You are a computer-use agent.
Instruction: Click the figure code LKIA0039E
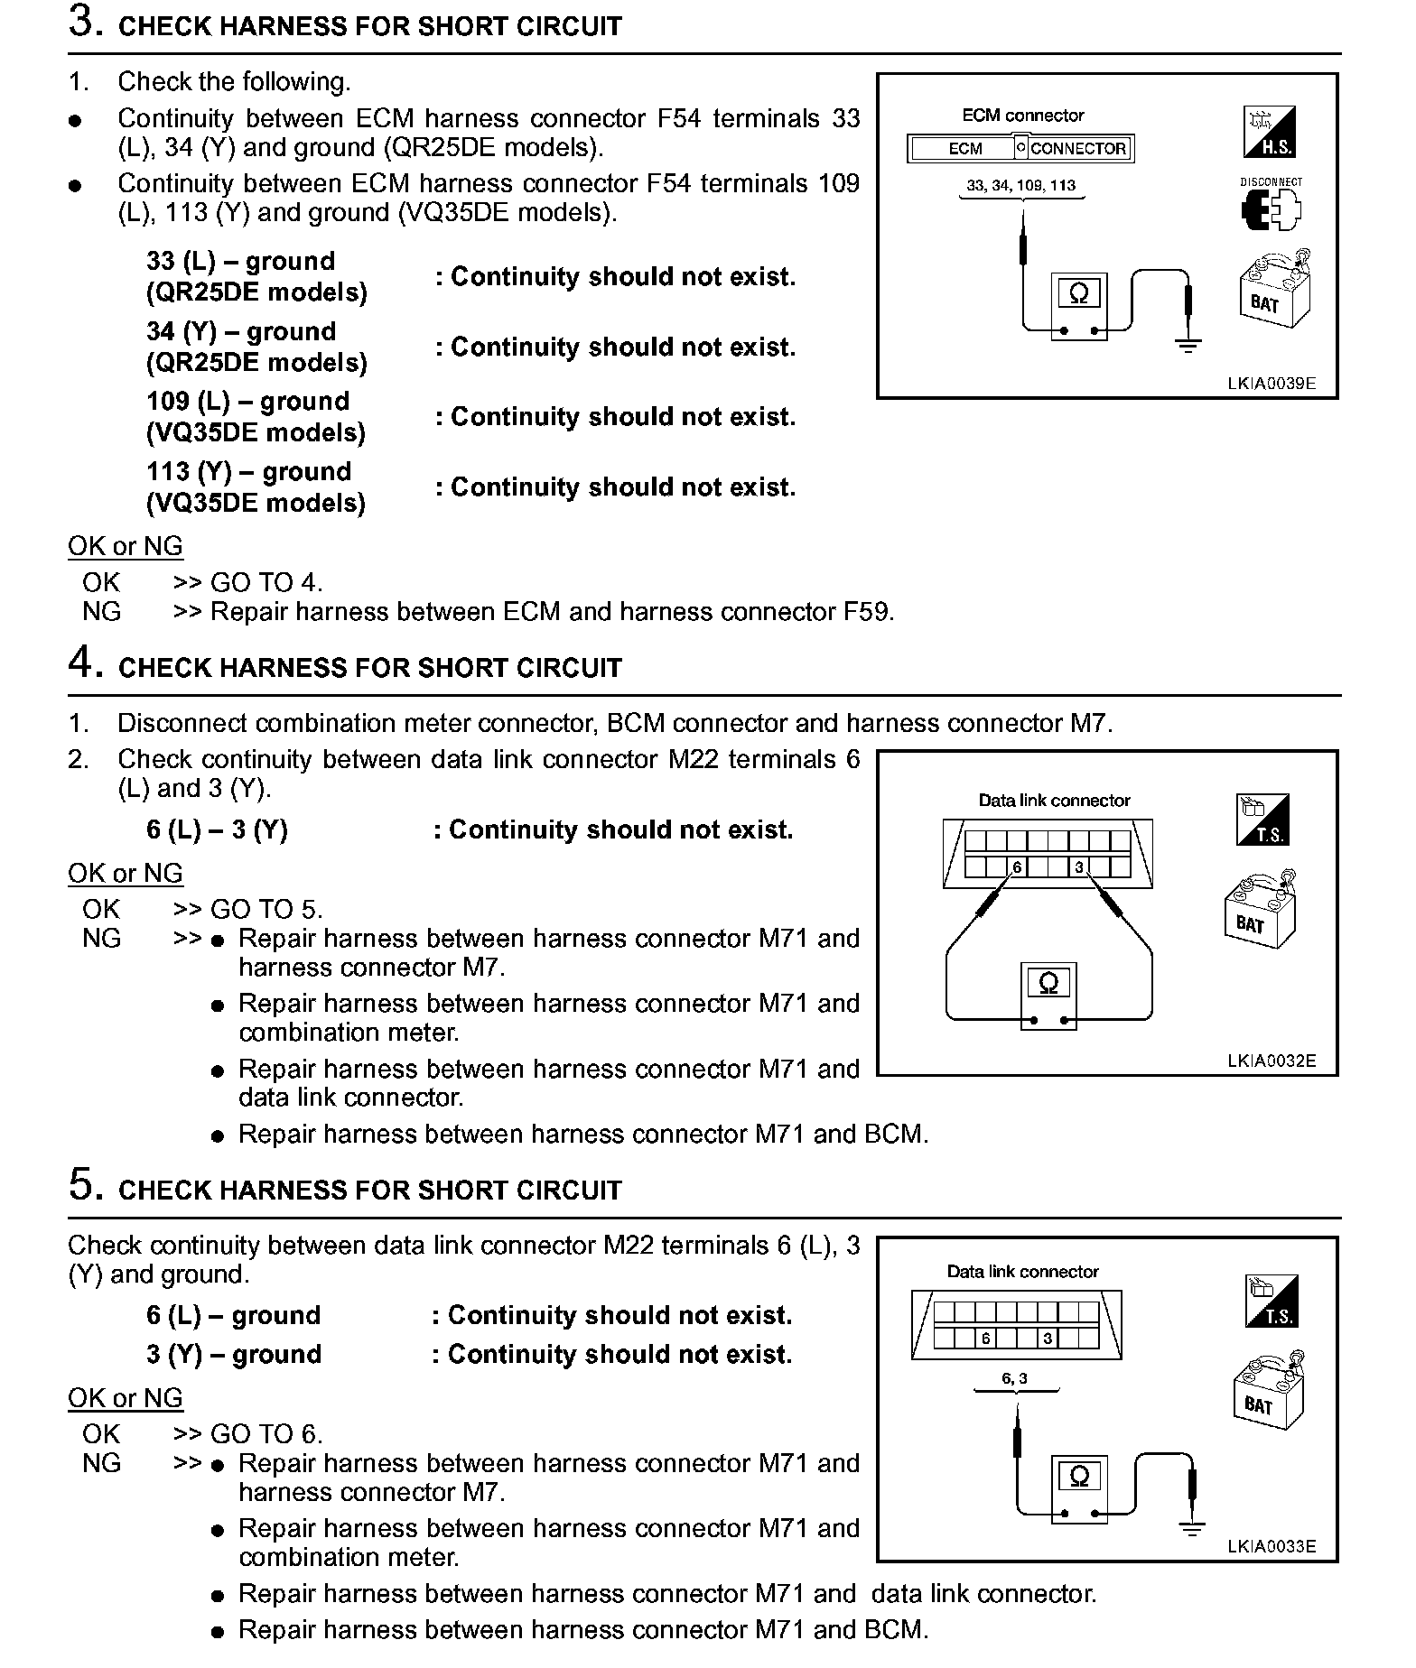pos(1271,384)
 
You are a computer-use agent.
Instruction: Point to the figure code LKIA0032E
pos(1271,1061)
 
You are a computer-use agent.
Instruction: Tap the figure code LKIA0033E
pos(1271,1546)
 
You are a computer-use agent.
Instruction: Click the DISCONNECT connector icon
pos(1271,205)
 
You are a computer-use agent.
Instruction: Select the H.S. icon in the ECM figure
pos(1271,132)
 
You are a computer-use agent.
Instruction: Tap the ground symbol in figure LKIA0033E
pos(1192,1528)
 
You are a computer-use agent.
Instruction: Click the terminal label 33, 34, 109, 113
pos(1020,186)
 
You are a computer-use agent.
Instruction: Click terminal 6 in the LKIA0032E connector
pos(1017,867)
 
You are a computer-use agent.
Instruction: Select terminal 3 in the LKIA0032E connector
pos(1078,867)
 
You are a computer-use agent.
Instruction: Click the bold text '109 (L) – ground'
pos(247,402)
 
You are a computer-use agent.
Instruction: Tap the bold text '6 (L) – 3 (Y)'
pos(217,830)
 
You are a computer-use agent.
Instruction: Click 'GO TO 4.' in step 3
pos(266,583)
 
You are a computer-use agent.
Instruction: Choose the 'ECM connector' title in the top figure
pos(1022,116)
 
